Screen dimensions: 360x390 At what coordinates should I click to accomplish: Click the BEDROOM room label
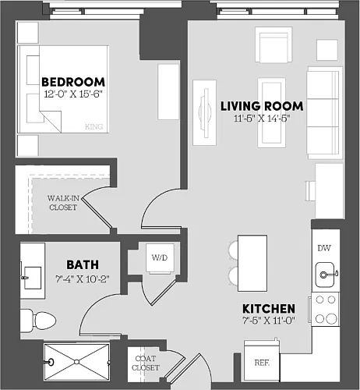(73, 82)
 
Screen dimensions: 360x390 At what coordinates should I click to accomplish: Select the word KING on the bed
(94, 126)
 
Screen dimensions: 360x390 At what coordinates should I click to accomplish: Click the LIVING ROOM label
(262, 106)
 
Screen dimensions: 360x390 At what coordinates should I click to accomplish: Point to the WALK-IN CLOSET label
(63, 203)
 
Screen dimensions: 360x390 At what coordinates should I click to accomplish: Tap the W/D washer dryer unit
(160, 258)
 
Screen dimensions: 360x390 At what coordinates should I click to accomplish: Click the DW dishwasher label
(324, 248)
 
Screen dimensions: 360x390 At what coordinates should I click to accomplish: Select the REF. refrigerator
(262, 361)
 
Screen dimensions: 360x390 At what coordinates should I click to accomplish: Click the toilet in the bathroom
(38, 321)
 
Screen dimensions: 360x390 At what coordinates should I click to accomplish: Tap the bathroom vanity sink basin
(33, 278)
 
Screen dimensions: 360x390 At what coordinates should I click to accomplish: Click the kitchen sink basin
(325, 275)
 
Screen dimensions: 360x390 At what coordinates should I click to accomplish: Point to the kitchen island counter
(252, 263)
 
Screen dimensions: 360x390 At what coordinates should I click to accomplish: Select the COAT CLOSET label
(146, 363)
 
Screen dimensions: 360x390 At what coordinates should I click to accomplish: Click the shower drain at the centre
(76, 362)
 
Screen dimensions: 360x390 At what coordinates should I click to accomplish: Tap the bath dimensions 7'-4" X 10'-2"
(83, 279)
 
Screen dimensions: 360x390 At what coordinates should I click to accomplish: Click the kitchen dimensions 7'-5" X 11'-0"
(269, 321)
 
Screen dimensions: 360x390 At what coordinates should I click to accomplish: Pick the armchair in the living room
(274, 44)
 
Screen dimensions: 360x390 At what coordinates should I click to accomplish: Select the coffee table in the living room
(271, 112)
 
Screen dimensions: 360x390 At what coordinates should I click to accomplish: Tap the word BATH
(83, 265)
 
